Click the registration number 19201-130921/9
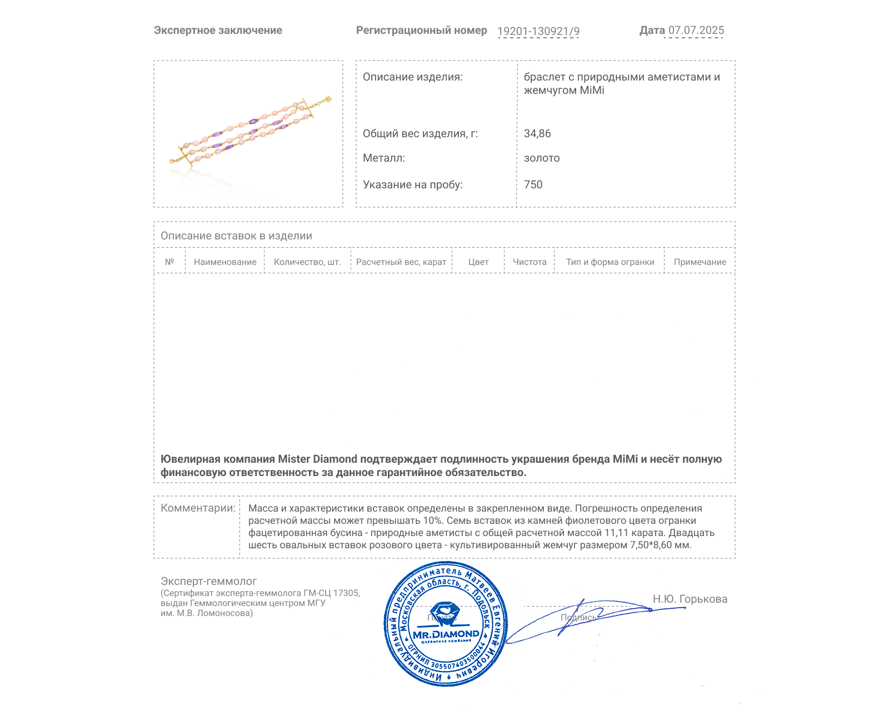pyautogui.click(x=538, y=31)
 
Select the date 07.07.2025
pyautogui.click(x=696, y=31)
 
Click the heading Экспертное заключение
pyautogui.click(x=218, y=31)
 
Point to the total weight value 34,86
pyautogui.click(x=537, y=133)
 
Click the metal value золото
pyautogui.click(x=542, y=158)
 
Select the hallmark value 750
pyautogui.click(x=533, y=184)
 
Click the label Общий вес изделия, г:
pyautogui.click(x=420, y=133)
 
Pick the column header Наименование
pyautogui.click(x=225, y=262)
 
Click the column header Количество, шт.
pyautogui.click(x=307, y=262)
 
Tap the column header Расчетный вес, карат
pyautogui.click(x=401, y=262)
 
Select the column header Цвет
pyautogui.click(x=478, y=262)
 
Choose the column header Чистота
pyautogui.click(x=530, y=262)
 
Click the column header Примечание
pyautogui.click(x=700, y=262)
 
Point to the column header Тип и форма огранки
pyautogui.click(x=610, y=262)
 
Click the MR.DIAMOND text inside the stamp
pyautogui.click(x=446, y=634)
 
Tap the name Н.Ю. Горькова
pyautogui.click(x=690, y=599)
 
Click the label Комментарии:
pyautogui.click(x=198, y=508)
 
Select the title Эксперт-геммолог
pyautogui.click(x=208, y=581)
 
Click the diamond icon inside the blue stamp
pyautogui.click(x=444, y=613)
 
